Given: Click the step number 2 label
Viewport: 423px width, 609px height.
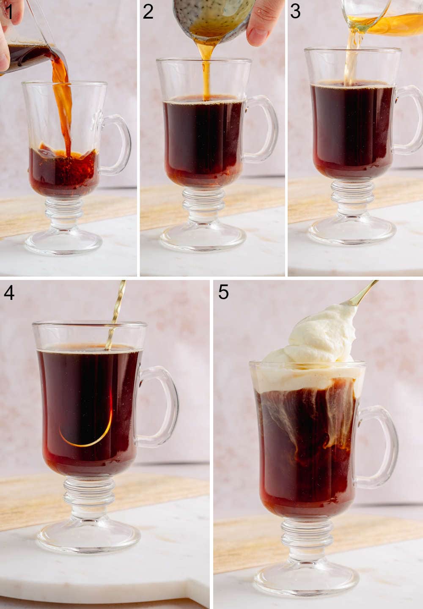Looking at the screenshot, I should [148, 11].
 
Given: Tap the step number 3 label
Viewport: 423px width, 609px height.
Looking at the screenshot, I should [295, 11].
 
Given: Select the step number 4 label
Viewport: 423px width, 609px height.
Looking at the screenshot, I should [9, 292].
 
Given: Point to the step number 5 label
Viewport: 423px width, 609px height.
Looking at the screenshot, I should [223, 292].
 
